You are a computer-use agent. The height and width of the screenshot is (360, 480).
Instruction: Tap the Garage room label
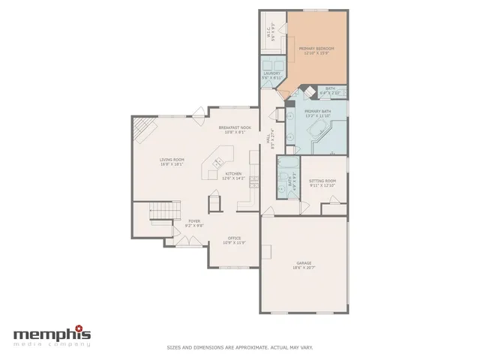[304, 265]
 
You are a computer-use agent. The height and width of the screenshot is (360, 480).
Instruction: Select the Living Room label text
[172, 162]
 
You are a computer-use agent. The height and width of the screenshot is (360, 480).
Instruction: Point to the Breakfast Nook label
[235, 130]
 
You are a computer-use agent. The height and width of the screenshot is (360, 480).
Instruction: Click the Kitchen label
[234, 176]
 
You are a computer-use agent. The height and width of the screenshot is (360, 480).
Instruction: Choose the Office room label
[234, 240]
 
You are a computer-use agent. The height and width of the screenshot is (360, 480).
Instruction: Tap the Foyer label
[194, 223]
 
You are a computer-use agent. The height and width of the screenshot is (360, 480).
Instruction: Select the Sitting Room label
[322, 183]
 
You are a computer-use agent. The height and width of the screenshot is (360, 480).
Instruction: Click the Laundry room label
[271, 76]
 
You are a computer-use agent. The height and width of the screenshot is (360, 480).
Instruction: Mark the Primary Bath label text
[317, 114]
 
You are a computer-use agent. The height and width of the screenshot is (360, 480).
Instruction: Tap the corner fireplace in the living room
[143, 133]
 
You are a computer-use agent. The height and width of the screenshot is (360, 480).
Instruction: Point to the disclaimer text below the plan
[239, 347]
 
